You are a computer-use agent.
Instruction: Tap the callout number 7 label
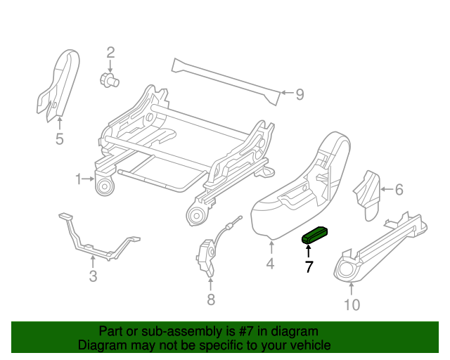coord(308,267)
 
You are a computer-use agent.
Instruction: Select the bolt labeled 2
coord(109,79)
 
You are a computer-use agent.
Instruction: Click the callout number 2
coord(110,51)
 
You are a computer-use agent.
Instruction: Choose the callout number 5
coord(59,139)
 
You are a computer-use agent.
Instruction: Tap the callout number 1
coord(79,179)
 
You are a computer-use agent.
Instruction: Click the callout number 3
coord(93,276)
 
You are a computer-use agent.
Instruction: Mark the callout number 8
coord(211,300)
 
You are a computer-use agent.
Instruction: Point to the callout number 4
coord(270,264)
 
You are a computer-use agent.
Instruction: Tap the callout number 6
coord(399,189)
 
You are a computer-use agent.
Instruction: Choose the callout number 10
coord(352,304)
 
